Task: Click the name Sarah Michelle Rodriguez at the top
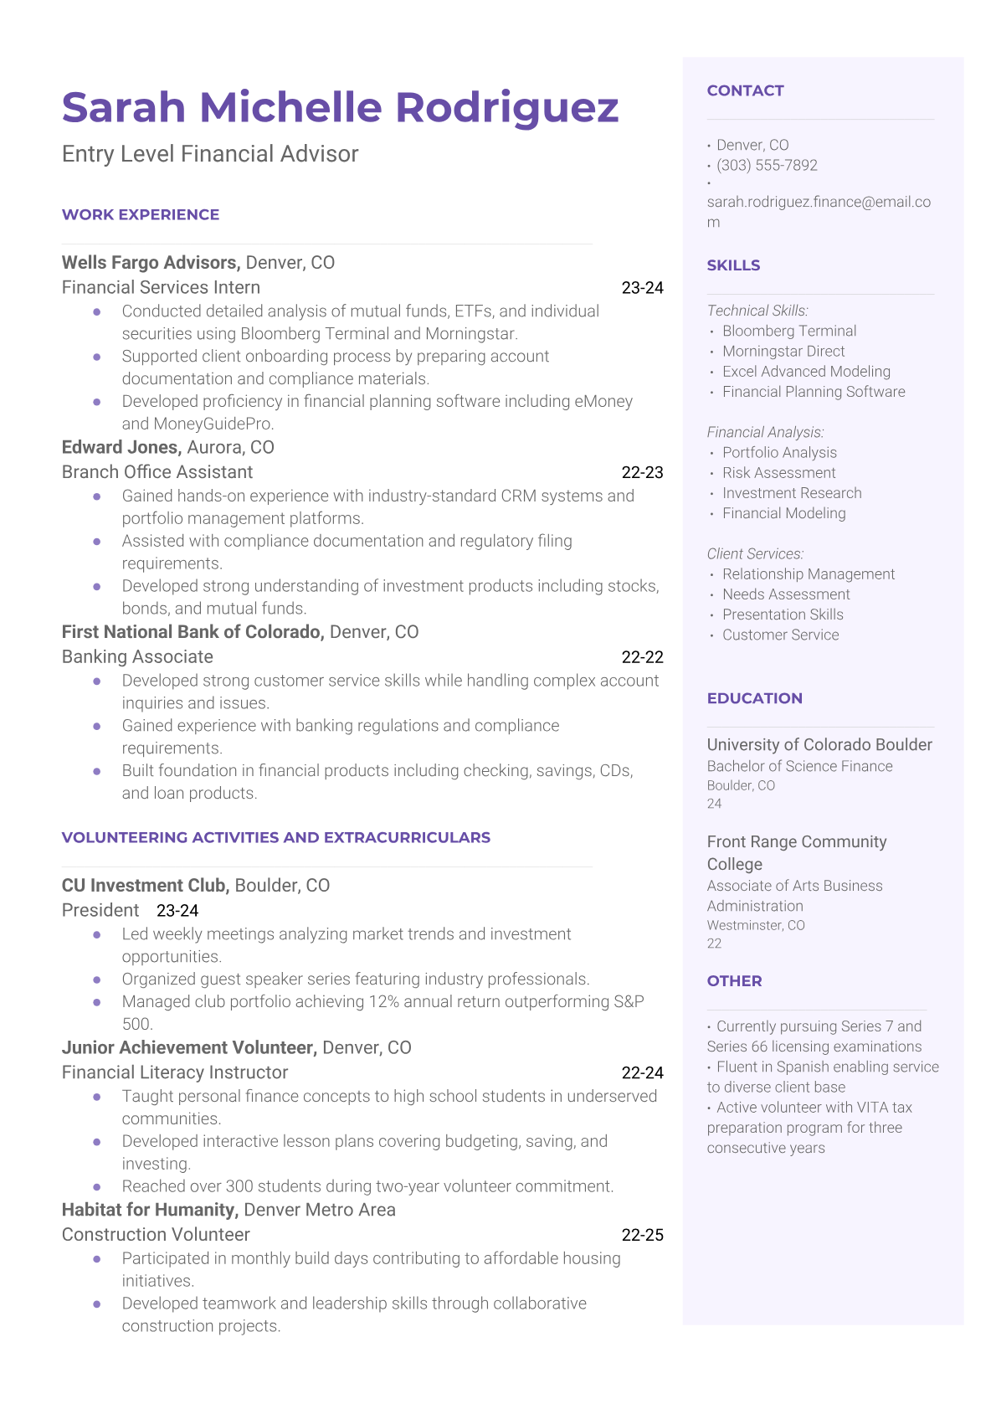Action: (340, 108)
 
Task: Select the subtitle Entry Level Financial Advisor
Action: (210, 154)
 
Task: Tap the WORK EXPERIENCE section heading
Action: (141, 215)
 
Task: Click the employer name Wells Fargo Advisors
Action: (151, 263)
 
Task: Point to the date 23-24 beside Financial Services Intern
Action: (642, 288)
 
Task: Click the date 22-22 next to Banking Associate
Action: (642, 657)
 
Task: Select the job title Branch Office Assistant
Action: (157, 472)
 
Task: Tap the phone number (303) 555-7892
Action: (767, 166)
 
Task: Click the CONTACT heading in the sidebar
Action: (745, 91)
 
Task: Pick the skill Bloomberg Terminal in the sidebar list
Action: (789, 332)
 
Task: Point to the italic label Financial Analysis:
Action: (765, 433)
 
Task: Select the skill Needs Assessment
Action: (786, 594)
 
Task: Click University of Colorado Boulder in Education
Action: (819, 745)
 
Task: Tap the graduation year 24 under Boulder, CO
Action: (714, 804)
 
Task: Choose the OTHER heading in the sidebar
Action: (734, 981)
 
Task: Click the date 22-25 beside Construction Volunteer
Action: (642, 1235)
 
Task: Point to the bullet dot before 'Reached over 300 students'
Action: (97, 1187)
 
